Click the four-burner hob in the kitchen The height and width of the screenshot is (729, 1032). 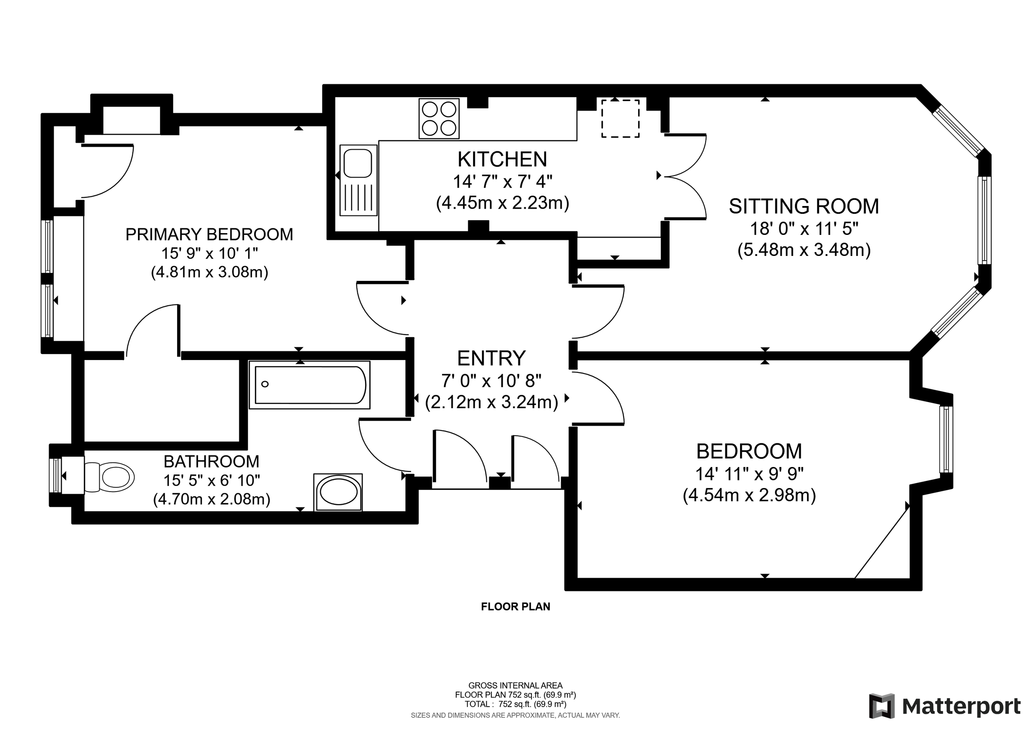(439, 119)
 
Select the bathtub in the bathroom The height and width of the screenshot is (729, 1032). (310, 385)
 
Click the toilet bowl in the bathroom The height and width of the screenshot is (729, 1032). (117, 477)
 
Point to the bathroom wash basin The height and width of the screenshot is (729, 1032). (338, 492)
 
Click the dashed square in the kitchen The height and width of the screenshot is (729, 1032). (620, 119)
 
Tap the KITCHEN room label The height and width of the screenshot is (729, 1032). (502, 160)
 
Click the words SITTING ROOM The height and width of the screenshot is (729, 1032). (804, 207)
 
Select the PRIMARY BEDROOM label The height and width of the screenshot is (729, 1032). (209, 234)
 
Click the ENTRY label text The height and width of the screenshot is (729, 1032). (491, 359)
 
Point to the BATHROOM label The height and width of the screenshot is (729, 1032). (211, 461)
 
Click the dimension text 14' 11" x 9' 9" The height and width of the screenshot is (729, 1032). (749, 474)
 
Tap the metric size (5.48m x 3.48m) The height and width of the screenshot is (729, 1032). (804, 250)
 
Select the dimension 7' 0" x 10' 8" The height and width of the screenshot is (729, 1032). (491, 381)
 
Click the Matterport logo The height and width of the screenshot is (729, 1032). (945, 707)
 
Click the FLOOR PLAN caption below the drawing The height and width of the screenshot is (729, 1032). (516, 607)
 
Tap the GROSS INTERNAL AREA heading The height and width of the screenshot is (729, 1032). (516, 686)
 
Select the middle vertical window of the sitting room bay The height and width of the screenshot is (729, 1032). (984, 220)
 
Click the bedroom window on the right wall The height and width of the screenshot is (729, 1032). (946, 439)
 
